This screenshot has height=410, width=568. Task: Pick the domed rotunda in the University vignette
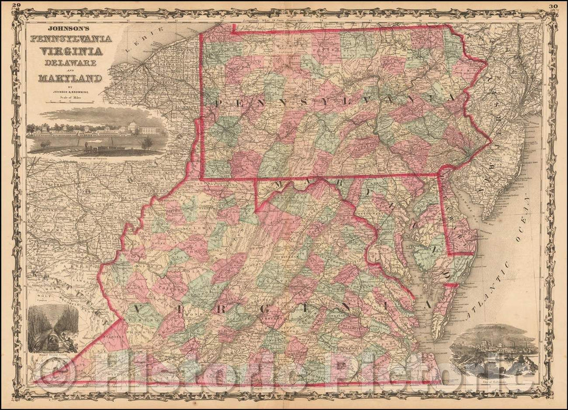point(132,126)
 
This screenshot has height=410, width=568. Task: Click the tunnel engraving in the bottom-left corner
point(53,329)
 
